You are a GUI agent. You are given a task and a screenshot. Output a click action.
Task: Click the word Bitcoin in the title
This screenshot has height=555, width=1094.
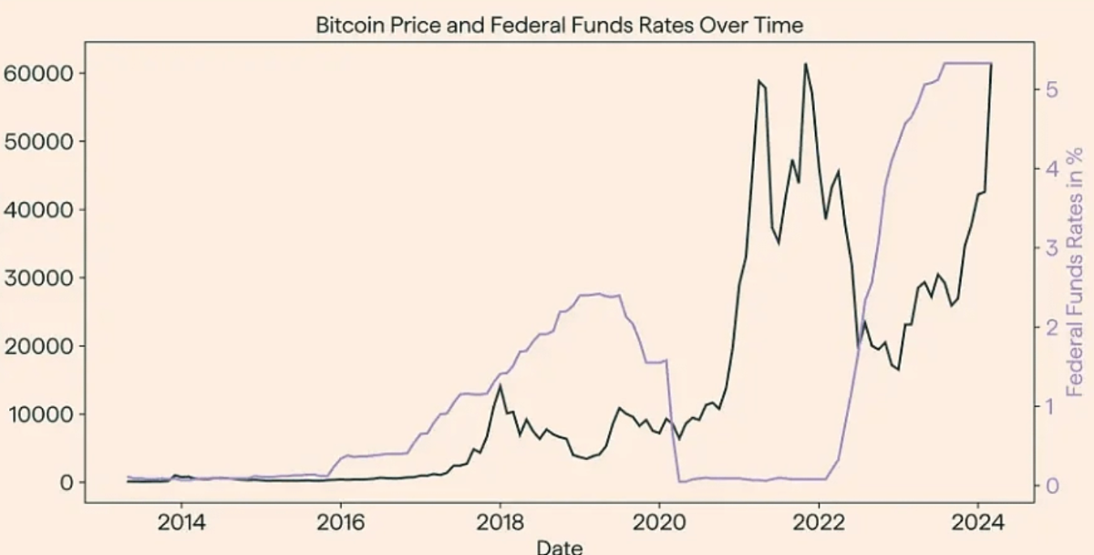(346, 25)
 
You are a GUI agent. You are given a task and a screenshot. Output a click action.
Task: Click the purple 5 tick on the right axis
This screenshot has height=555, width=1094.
(1051, 89)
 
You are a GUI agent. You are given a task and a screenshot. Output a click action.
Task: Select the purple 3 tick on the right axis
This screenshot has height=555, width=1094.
(1051, 247)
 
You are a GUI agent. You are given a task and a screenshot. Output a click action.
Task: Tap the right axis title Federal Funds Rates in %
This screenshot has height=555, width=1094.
(1076, 271)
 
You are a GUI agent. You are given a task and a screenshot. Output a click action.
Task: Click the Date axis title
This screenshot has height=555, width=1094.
(558, 547)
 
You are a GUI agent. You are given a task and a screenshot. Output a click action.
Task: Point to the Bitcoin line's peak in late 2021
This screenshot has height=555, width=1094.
(805, 64)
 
